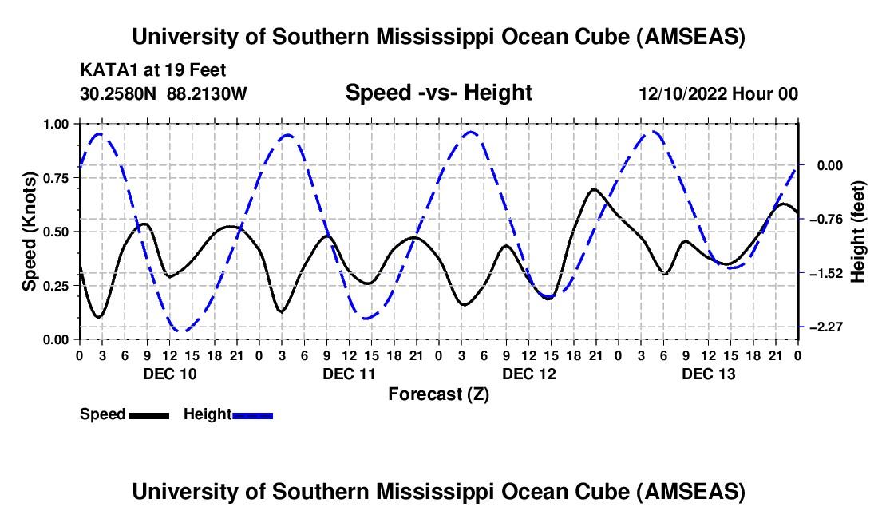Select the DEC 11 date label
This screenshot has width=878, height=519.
[349, 374]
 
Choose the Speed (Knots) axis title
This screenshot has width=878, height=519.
[29, 232]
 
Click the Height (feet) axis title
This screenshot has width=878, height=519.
[858, 232]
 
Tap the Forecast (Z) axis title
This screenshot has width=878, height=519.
[438, 394]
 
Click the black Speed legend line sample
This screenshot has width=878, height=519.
[148, 414]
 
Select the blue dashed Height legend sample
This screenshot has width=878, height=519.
[253, 414]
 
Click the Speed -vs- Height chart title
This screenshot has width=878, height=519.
[438, 93]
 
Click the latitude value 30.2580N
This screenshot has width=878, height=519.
[118, 94]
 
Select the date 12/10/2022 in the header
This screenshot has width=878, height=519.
[686, 94]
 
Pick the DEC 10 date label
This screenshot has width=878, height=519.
[169, 374]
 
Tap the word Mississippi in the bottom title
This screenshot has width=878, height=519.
[443, 492]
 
